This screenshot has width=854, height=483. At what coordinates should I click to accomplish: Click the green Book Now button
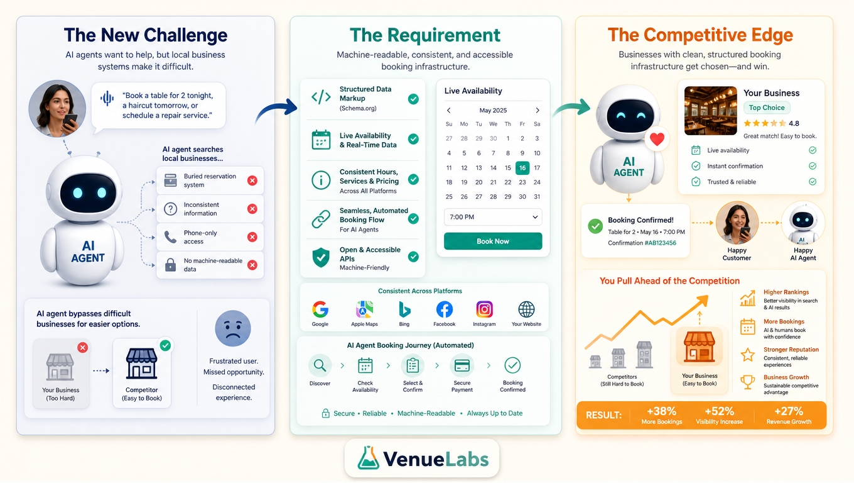492,241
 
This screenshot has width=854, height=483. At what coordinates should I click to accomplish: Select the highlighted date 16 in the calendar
522,168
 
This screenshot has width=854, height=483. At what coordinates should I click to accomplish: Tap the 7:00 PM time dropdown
492,217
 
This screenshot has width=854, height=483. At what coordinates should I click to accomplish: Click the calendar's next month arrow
538,110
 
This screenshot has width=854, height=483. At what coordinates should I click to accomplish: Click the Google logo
320,309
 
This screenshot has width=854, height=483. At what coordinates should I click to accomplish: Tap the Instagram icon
484,309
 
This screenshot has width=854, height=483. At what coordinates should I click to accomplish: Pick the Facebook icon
444,309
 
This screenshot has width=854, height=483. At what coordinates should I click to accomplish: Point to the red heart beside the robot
657,139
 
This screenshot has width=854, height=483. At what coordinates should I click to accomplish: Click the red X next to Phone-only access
252,237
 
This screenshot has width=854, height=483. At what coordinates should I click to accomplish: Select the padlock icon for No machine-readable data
170,265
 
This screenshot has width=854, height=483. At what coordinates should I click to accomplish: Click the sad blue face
233,328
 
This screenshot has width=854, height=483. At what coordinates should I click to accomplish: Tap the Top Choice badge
767,108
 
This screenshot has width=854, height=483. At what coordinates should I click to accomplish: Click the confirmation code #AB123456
661,243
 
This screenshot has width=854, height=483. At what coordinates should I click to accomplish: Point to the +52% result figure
719,411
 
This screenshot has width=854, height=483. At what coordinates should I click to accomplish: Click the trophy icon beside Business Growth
748,382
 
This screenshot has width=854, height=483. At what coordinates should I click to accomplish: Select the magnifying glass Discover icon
320,365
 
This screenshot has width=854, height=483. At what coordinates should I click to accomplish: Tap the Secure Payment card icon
462,365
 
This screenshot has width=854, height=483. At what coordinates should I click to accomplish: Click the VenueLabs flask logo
368,458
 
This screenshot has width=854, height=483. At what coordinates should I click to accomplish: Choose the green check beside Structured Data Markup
413,99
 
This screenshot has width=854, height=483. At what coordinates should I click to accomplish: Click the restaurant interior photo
711,111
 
